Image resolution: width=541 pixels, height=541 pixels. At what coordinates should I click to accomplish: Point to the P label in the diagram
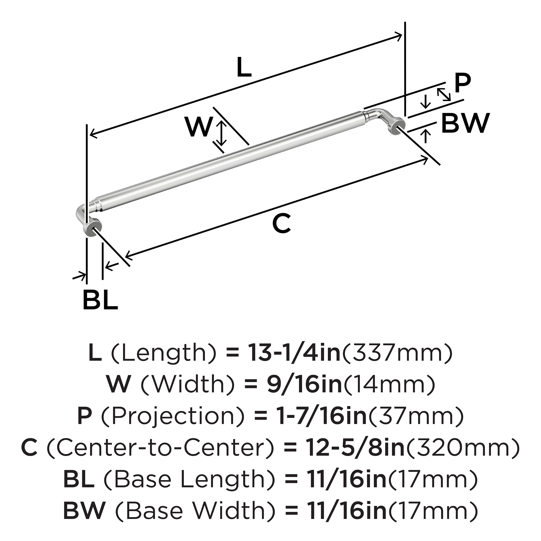click(x=463, y=84)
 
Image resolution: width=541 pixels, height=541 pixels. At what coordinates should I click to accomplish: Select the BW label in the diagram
click(x=465, y=123)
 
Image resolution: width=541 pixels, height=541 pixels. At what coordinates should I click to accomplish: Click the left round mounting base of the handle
click(x=92, y=229)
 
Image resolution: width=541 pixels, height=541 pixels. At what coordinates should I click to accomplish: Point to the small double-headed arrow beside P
click(x=444, y=94)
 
